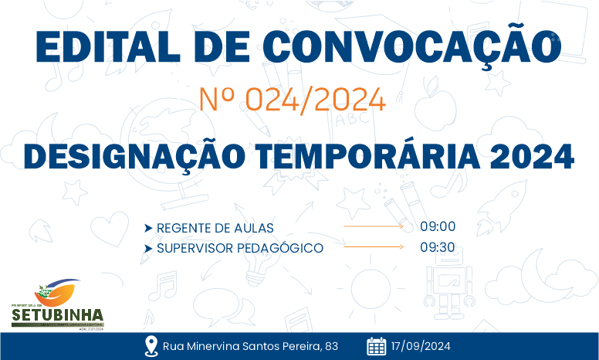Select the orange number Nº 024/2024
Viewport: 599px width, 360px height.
click(x=292, y=99)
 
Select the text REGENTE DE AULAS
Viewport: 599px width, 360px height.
click(x=215, y=228)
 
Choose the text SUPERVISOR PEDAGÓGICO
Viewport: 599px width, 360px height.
click(x=239, y=248)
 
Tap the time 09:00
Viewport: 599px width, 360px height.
click(x=438, y=227)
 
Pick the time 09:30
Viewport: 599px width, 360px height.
click(x=438, y=248)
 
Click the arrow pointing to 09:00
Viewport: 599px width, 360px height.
click(x=374, y=227)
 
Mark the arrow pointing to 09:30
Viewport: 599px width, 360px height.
click(x=374, y=247)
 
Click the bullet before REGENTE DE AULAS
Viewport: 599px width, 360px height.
click(x=147, y=228)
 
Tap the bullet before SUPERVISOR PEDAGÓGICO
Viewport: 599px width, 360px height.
click(x=147, y=248)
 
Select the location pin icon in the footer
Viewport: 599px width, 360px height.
click(x=151, y=346)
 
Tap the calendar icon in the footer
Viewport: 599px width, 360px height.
click(x=376, y=346)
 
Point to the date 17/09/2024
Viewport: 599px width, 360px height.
click(x=421, y=346)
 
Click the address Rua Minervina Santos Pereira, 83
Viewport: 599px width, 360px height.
click(x=250, y=346)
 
